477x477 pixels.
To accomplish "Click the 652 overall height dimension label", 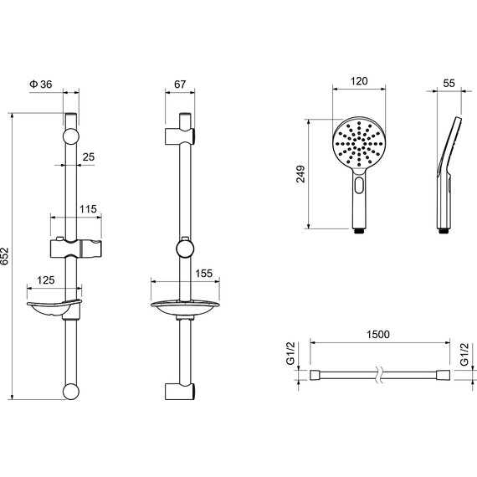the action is coord(4,256).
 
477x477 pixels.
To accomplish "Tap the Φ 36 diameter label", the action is coord(41,84).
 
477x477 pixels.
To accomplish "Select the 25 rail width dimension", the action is coord(89,157).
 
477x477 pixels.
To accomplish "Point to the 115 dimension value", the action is coord(88,209).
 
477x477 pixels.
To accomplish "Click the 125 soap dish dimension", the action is coord(46,280).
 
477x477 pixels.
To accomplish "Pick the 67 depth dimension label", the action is coord(180,84).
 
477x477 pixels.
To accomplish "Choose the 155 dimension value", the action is coord(203,274).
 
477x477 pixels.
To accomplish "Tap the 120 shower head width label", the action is coord(359,81).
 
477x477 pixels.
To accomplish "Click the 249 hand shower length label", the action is coord(300,174).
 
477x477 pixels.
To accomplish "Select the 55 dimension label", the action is coord(449,83).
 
